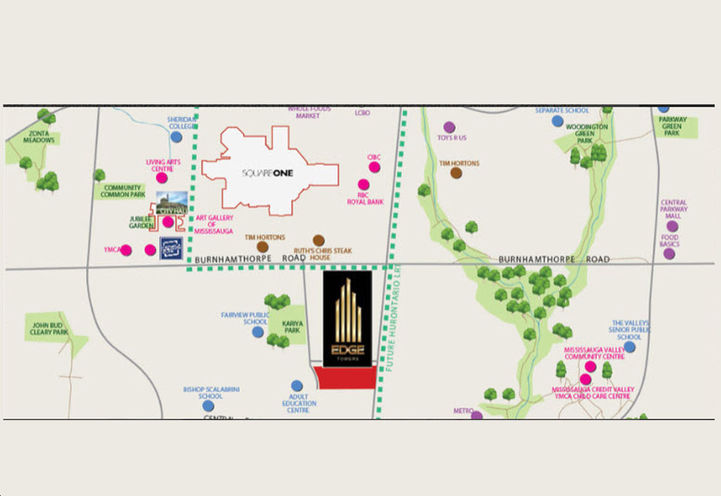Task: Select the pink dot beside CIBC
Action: (x=375, y=168)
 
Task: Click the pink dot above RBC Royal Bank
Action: (x=364, y=185)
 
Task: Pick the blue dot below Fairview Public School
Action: (x=258, y=331)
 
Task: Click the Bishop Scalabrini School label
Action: (x=209, y=392)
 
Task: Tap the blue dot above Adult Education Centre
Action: (x=297, y=385)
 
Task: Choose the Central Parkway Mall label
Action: (x=673, y=209)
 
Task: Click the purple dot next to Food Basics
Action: (x=671, y=252)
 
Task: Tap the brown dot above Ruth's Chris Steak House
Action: (x=318, y=241)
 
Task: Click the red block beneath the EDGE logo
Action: (x=346, y=377)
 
